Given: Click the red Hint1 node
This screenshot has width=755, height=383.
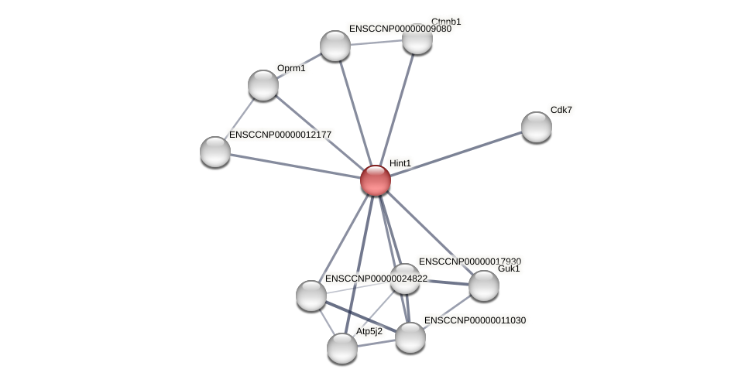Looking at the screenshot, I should (x=376, y=180).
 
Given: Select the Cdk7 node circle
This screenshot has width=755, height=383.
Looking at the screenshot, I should (x=536, y=127).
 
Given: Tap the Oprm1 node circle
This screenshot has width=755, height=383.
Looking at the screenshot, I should (x=263, y=85).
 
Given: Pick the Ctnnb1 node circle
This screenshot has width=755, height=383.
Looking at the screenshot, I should (x=417, y=39).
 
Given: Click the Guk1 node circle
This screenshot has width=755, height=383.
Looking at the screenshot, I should (x=484, y=286).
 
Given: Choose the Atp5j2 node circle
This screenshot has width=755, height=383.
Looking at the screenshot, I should (x=342, y=348).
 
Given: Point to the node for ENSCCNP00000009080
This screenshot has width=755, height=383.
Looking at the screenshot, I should (x=335, y=46).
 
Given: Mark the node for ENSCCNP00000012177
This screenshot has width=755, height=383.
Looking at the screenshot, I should (x=215, y=151).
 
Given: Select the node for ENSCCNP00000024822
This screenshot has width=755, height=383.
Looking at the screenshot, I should (x=311, y=296).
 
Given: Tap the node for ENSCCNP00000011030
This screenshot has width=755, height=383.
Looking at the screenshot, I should (x=410, y=337).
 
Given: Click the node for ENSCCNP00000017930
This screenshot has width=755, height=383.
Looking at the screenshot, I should (x=404, y=279).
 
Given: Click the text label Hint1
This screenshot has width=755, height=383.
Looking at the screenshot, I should (x=400, y=163).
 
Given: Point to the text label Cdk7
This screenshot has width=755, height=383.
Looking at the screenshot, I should (x=561, y=110).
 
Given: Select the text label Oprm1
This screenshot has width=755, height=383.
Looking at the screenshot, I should (x=291, y=68).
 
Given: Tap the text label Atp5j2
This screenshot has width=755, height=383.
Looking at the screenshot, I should (x=369, y=331).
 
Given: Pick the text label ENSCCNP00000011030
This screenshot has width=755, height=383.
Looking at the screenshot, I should (x=475, y=320).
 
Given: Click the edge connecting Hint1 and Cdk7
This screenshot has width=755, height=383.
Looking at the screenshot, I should (x=457, y=153).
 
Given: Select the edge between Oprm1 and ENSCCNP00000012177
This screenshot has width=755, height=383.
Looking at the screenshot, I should (x=239, y=118).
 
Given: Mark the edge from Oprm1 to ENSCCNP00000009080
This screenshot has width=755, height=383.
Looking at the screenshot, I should (x=299, y=66).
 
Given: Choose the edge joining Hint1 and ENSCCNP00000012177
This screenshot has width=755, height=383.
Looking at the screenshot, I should (x=294, y=166).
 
